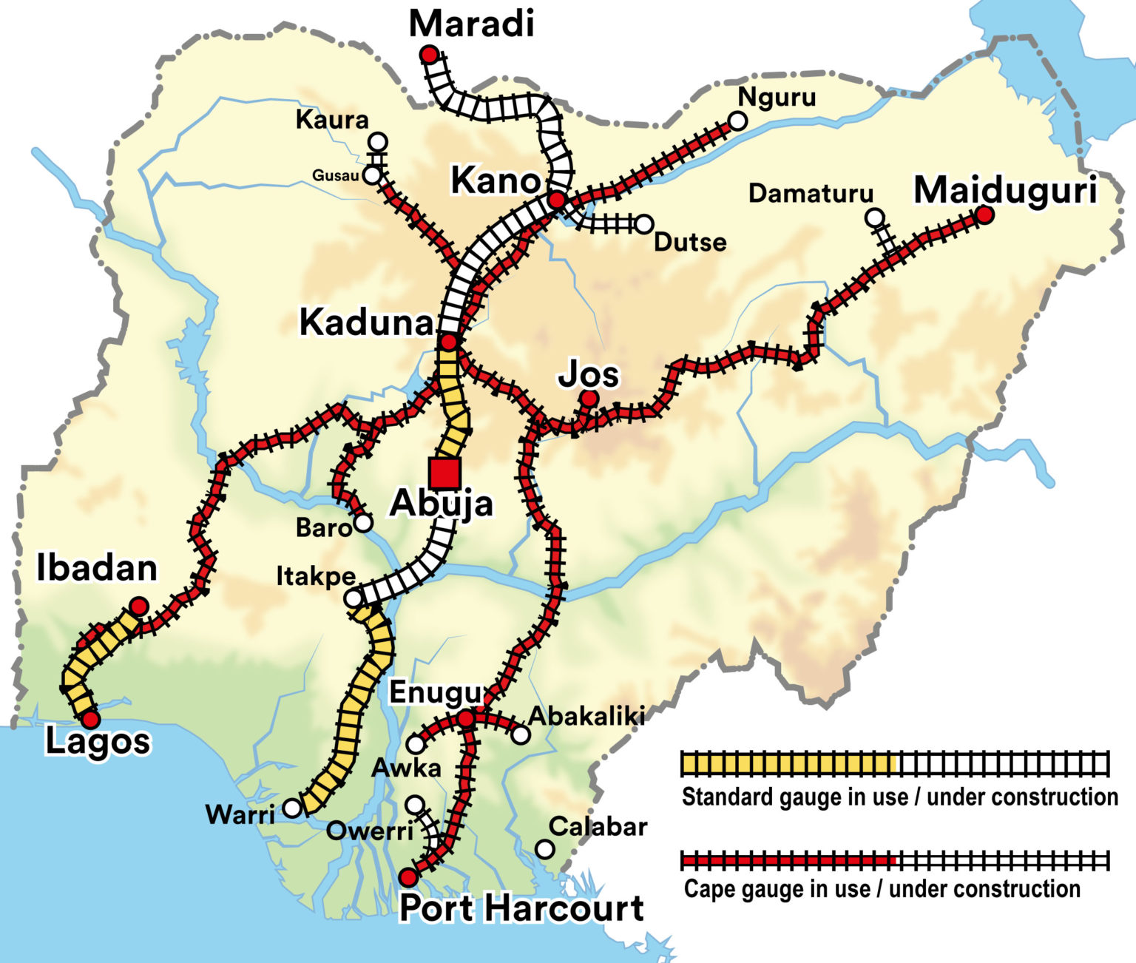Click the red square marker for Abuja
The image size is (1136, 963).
point(444,473)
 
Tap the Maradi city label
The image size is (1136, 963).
point(471,24)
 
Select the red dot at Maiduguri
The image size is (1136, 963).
point(984,214)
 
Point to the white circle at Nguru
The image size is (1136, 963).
point(737,121)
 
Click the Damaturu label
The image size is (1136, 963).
point(811,194)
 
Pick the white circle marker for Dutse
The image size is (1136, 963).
point(644,223)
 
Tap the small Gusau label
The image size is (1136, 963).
point(335,175)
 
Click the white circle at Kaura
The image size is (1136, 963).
point(378,141)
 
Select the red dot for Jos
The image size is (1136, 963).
point(589,399)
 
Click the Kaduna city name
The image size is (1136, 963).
point(366,322)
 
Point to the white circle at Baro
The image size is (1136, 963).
point(362,523)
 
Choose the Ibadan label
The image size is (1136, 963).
point(97,568)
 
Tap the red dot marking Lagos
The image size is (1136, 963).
point(90,719)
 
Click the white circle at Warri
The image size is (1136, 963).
point(293,808)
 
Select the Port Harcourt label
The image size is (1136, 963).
point(521,908)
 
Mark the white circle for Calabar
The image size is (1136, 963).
point(545,849)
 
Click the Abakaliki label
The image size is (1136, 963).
point(586,716)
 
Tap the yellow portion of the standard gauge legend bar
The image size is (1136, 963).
point(788,763)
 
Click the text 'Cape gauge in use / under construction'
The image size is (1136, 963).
point(882,888)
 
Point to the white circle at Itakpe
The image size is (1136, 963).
point(354,598)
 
